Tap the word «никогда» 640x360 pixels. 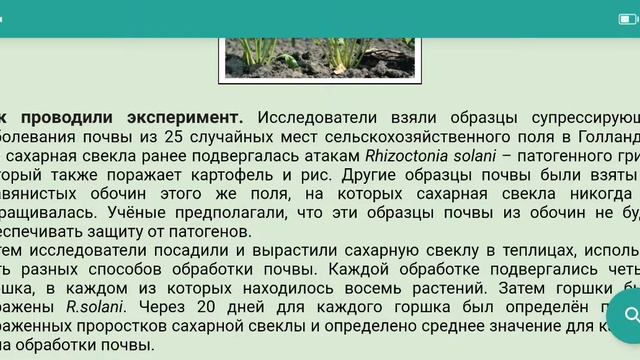(588, 193)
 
